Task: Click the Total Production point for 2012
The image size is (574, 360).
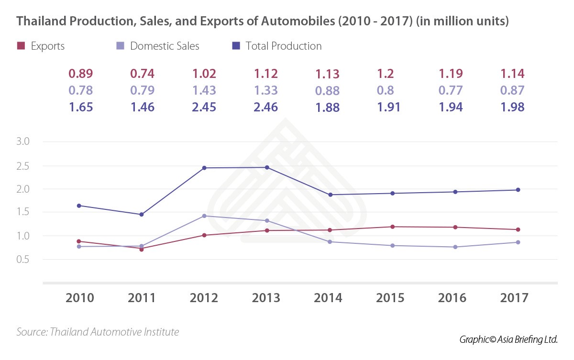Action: [205, 168]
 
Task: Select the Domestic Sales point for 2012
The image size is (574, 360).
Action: [205, 216]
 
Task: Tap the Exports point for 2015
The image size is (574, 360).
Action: [392, 227]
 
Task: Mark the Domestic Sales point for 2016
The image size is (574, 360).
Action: [455, 247]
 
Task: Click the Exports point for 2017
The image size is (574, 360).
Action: [517, 229]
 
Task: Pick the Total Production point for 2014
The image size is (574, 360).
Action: [330, 195]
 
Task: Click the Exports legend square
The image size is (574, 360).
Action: [21, 46]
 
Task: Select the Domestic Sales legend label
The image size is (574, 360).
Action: [165, 46]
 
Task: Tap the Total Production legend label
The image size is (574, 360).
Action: [284, 46]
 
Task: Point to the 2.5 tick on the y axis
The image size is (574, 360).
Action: [23, 166]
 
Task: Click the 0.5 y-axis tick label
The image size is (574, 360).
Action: [23, 260]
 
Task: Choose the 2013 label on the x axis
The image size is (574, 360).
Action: [266, 298]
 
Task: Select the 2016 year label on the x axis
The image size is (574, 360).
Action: [453, 298]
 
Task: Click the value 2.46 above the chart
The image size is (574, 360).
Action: [266, 107]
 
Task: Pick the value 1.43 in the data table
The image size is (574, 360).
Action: [204, 90]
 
